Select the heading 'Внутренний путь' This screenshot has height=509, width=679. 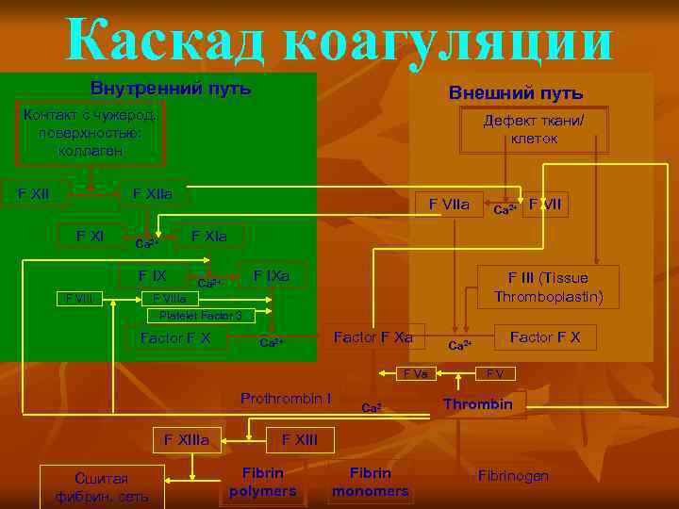[170, 89]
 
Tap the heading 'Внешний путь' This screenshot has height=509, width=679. [515, 93]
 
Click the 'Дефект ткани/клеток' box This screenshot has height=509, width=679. [534, 129]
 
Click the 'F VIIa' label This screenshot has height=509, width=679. [449, 203]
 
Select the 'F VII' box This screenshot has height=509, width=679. [546, 203]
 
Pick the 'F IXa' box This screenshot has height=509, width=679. [271, 275]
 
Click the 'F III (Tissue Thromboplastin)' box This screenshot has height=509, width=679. [548, 287]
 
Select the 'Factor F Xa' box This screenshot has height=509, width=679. [373, 337]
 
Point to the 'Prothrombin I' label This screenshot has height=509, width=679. [285, 398]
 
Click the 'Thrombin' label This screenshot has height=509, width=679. [478, 404]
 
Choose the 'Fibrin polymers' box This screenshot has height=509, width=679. [262, 482]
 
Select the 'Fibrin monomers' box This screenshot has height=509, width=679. [370, 482]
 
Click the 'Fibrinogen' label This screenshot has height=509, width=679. [513, 476]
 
